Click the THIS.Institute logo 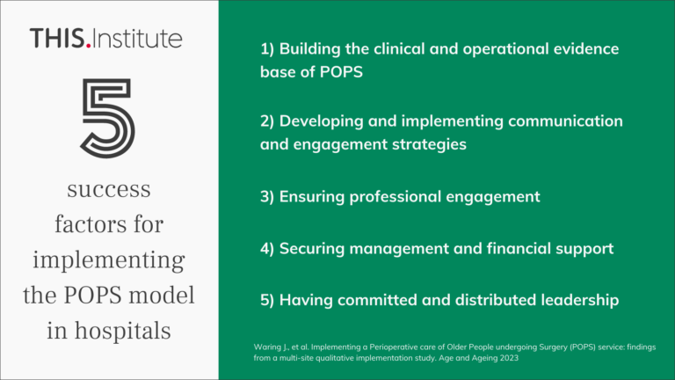(x=105, y=38)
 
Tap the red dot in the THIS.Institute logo (x=89, y=45)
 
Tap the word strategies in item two (x=430, y=143)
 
